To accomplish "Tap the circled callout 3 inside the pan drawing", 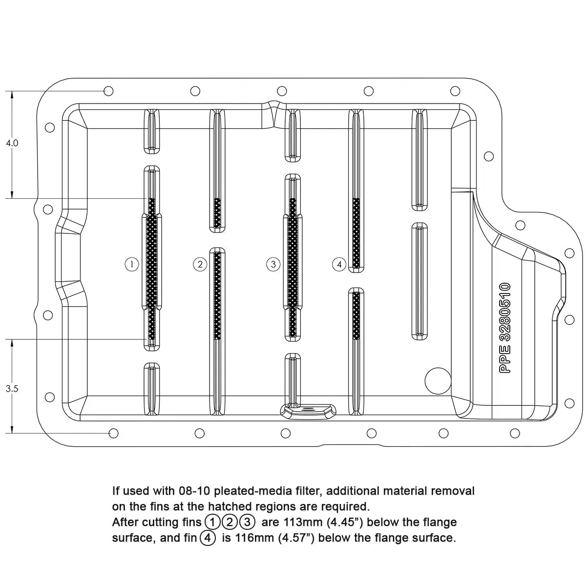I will (273, 264).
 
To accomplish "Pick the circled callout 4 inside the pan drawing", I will (339, 264).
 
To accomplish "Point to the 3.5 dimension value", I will (12, 389).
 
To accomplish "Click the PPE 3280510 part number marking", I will (505, 328).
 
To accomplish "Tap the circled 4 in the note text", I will (208, 538).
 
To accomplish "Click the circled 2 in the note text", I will (230, 522).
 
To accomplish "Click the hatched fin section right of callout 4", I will (356, 233).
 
